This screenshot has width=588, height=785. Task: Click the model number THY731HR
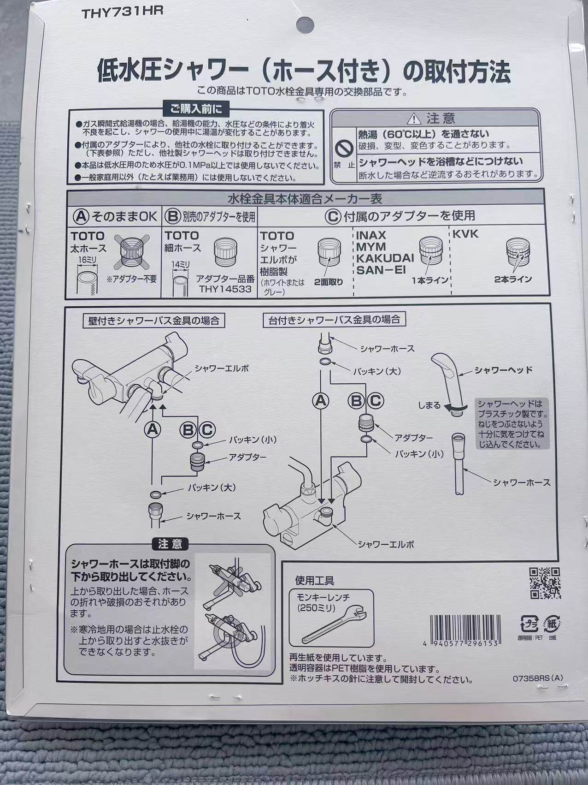tap(122, 12)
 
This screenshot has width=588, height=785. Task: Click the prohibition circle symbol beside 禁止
tap(344, 148)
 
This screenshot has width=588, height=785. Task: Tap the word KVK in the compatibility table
tap(465, 234)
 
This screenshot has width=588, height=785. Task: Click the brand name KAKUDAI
tap(385, 258)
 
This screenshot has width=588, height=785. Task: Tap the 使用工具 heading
tap(315, 580)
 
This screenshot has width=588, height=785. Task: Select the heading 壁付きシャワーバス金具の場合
tap(153, 321)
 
